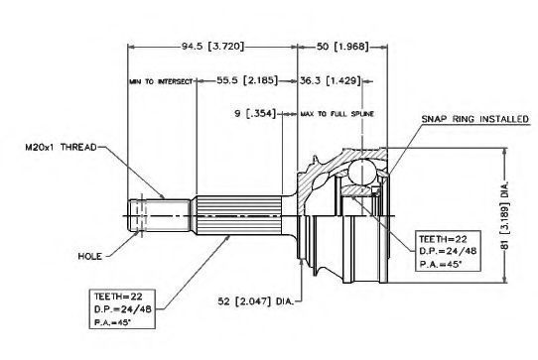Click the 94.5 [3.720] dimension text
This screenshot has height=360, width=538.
212,46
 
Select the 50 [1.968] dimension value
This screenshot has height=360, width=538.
342,46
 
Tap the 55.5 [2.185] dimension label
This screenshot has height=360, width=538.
247,80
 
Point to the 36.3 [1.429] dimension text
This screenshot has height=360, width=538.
331,80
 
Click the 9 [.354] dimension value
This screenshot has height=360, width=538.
255,113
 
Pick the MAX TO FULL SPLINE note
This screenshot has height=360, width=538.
336,114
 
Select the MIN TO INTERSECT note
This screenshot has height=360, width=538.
161,81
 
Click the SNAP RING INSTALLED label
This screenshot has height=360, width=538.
474,119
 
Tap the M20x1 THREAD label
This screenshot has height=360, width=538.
62,148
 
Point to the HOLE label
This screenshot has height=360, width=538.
90,256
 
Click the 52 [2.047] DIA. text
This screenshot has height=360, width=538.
256,301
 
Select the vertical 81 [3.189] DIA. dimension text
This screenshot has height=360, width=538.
504,216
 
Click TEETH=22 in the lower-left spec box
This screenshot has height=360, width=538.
118,297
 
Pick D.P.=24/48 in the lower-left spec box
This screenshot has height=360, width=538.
122,309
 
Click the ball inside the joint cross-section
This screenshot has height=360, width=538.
361,172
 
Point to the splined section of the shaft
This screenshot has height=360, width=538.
239,215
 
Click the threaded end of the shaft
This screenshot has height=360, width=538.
159,215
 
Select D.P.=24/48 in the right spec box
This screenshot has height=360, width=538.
448,251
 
